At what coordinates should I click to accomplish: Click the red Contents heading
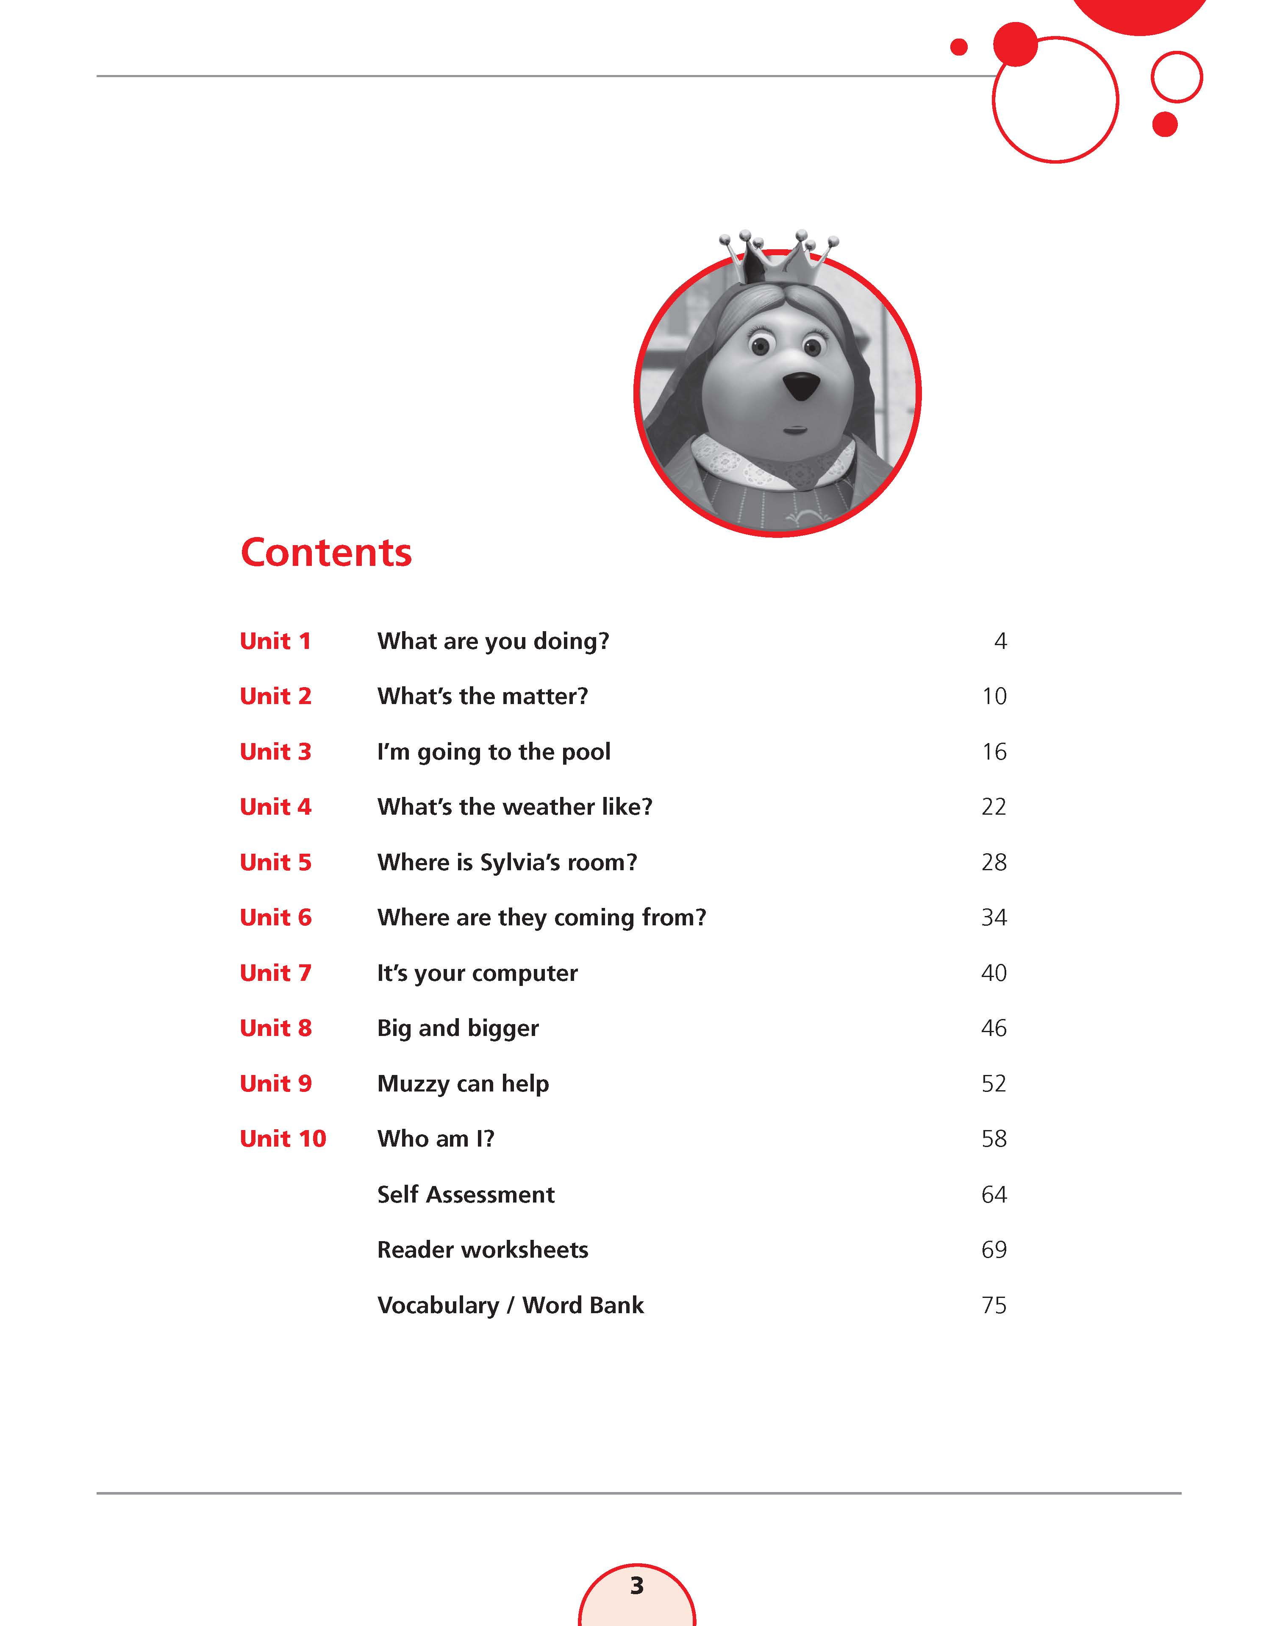point(326,553)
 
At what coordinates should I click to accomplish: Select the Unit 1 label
point(275,641)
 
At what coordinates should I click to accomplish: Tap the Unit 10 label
point(283,1139)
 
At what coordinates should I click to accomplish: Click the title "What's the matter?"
point(482,696)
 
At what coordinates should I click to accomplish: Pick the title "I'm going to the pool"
point(494,752)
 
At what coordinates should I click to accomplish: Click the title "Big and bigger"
point(458,1028)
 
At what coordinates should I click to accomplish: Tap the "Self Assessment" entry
point(466,1194)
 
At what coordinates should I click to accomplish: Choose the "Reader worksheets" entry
point(482,1250)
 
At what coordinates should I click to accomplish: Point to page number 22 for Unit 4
point(994,807)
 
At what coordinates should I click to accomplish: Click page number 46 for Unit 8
point(994,1028)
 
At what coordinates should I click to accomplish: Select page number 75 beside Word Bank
point(994,1305)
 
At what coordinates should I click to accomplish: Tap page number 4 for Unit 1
point(1000,641)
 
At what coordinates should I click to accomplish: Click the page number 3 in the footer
point(637,1586)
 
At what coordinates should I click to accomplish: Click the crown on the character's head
point(777,258)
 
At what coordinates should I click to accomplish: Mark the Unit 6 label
point(275,918)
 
